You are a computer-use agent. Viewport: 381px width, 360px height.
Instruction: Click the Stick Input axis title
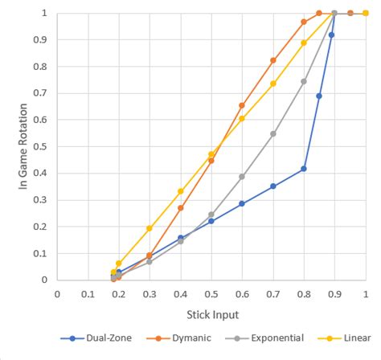coord(211,314)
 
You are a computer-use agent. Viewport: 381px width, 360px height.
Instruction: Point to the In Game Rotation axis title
coord(23,146)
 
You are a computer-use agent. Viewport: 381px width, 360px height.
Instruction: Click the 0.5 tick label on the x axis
coord(211,293)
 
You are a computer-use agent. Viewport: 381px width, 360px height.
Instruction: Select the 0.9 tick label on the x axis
coord(334,293)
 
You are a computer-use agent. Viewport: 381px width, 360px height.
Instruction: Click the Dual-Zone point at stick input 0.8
coord(304,169)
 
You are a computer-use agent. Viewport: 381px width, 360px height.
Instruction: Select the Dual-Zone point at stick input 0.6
coord(242,203)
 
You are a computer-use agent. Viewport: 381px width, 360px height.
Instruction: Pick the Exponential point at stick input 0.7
coord(273,133)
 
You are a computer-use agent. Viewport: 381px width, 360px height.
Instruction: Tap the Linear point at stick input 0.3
coord(150,228)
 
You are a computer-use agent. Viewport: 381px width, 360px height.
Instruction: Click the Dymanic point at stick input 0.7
coord(273,60)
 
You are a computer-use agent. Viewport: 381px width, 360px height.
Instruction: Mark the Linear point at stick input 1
coord(366,13)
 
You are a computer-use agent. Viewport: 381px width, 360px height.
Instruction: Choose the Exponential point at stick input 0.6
coord(242,176)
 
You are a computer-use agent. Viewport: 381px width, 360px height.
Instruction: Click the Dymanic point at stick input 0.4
coord(181,207)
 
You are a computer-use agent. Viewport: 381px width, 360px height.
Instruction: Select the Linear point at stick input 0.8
coord(304,43)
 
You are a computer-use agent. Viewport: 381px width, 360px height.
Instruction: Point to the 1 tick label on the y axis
coord(43,14)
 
